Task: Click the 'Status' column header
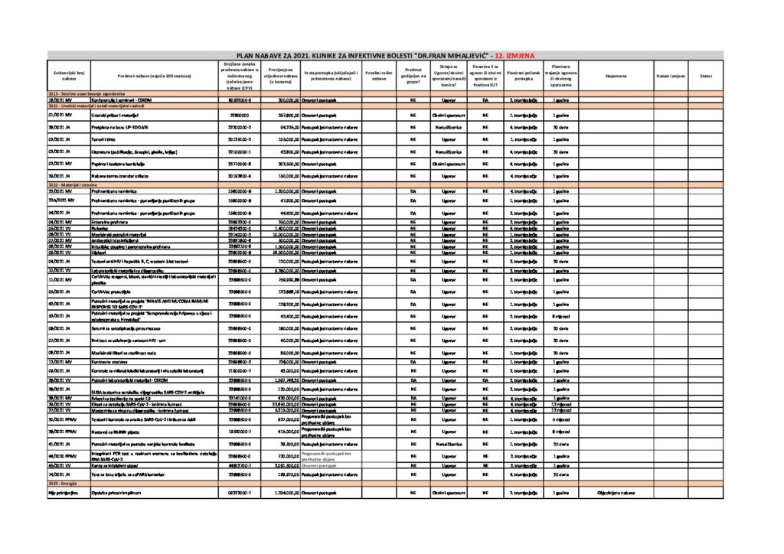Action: click(705, 76)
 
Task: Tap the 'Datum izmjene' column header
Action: click(671, 76)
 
